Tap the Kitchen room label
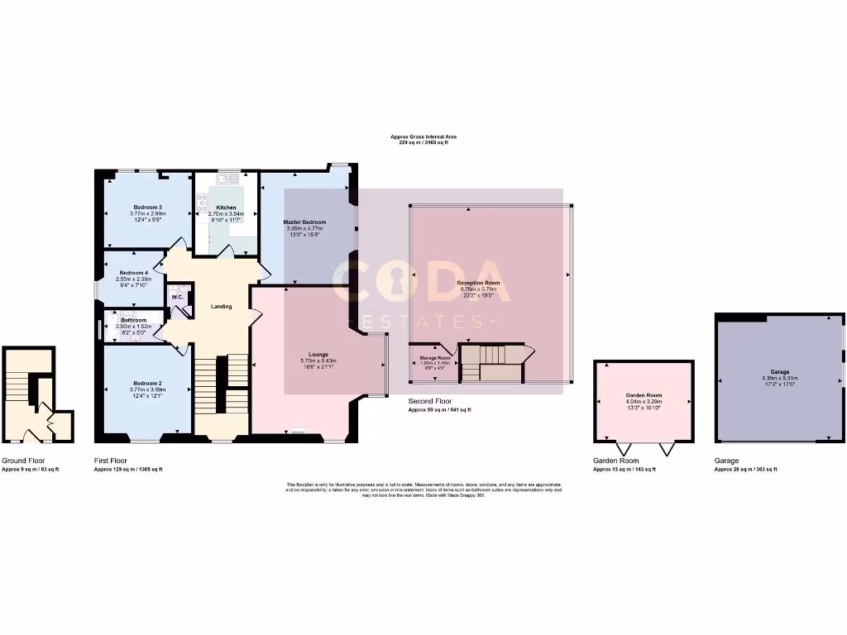tap(226, 208)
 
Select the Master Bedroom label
tap(304, 222)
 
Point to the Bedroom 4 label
tap(133, 273)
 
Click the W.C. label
tap(177, 298)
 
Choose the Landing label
tap(221, 307)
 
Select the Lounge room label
tap(319, 355)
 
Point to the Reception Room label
tap(480, 283)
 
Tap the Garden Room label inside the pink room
tap(644, 396)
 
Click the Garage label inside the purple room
tap(780, 372)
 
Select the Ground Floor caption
tap(23, 461)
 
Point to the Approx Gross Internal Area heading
tap(423, 136)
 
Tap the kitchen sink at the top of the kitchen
tap(227, 179)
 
